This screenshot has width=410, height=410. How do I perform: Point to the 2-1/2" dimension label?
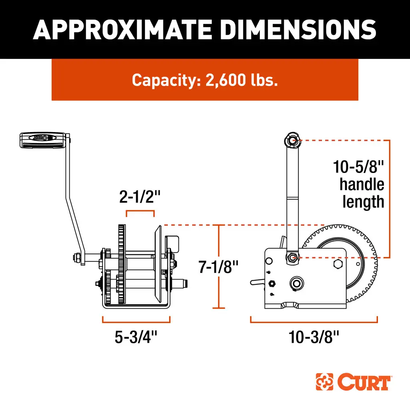140,197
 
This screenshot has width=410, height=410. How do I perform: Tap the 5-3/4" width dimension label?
136,337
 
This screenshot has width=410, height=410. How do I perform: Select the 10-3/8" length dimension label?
314,337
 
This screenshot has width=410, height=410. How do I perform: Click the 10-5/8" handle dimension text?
359,166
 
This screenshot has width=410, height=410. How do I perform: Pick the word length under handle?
363,201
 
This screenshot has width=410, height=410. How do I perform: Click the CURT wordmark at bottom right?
364,382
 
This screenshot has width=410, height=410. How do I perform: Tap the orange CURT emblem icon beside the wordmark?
325,382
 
